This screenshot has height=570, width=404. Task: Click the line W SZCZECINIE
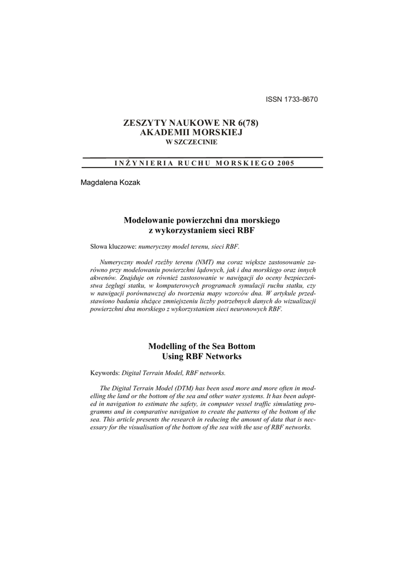(x=193, y=143)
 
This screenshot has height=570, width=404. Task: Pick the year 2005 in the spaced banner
(x=285, y=163)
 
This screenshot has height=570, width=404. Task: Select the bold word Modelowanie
(x=148, y=220)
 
